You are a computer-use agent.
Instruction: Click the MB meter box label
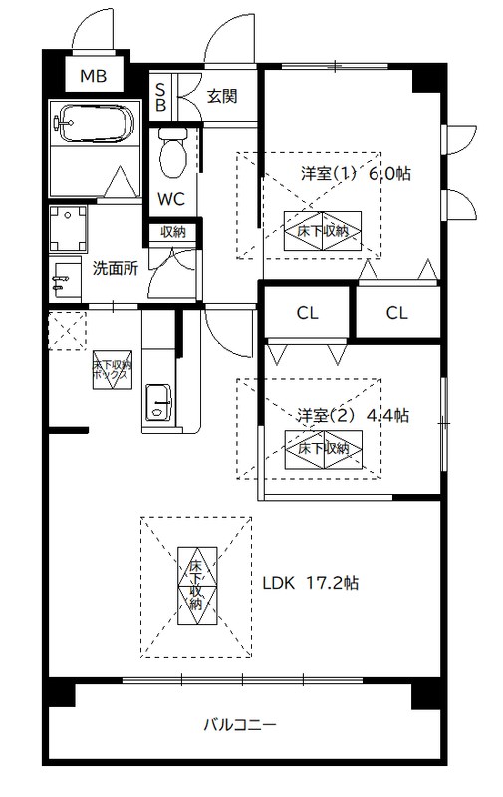click(94, 76)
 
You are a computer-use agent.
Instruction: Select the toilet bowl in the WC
click(171, 152)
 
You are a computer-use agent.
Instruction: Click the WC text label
click(170, 200)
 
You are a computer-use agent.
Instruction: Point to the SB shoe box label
click(160, 97)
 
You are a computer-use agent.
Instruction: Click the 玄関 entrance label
click(222, 96)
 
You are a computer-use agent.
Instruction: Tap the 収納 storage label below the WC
click(173, 232)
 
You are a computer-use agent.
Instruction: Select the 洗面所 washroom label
click(116, 268)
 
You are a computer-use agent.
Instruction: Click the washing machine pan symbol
click(68, 229)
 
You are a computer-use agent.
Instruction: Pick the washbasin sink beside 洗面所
click(65, 280)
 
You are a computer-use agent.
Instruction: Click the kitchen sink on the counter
click(159, 402)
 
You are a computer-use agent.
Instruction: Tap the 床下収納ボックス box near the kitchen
click(113, 370)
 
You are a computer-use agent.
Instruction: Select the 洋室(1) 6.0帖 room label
click(356, 174)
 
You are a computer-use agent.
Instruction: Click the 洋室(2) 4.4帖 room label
click(353, 416)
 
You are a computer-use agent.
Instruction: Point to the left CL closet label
click(308, 313)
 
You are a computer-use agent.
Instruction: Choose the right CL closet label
click(396, 313)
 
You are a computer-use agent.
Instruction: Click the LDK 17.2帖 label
click(311, 583)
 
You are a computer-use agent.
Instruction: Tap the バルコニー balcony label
click(240, 724)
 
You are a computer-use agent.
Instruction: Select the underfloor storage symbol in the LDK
click(197, 586)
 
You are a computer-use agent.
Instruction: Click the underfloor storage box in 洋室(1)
click(323, 231)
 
